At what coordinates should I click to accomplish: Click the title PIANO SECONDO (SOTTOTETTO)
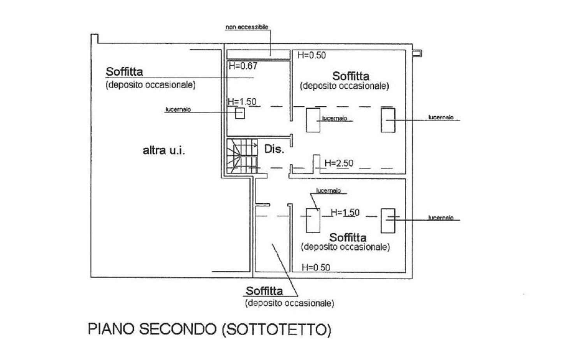tap(209, 329)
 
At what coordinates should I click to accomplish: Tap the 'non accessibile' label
tap(247, 27)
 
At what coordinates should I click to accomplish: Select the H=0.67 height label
tap(243, 66)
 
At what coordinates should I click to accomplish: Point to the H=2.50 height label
tap(339, 163)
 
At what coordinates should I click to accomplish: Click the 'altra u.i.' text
tap(164, 150)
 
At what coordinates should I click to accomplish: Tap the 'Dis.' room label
tap(274, 149)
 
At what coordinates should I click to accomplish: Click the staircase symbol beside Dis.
tap(242, 156)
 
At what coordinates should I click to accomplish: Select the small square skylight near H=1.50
tap(240, 113)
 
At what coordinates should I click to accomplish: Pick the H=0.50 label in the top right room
tap(311, 55)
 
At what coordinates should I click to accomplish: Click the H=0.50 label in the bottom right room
tap(316, 267)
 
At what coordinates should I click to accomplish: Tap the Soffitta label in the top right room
tap(351, 76)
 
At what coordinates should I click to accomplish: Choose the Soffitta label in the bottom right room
tap(348, 237)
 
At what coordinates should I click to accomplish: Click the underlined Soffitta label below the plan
tap(264, 291)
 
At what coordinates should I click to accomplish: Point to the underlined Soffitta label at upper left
tap(124, 72)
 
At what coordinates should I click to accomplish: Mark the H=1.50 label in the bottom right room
tap(345, 212)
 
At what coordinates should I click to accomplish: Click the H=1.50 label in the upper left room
tap(242, 102)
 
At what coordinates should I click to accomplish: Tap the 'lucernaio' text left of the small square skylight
tap(178, 109)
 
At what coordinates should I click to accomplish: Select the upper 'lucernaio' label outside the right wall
tap(441, 117)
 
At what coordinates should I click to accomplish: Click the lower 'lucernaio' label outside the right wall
tap(441, 218)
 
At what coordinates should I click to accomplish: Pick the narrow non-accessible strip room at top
tap(258, 54)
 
